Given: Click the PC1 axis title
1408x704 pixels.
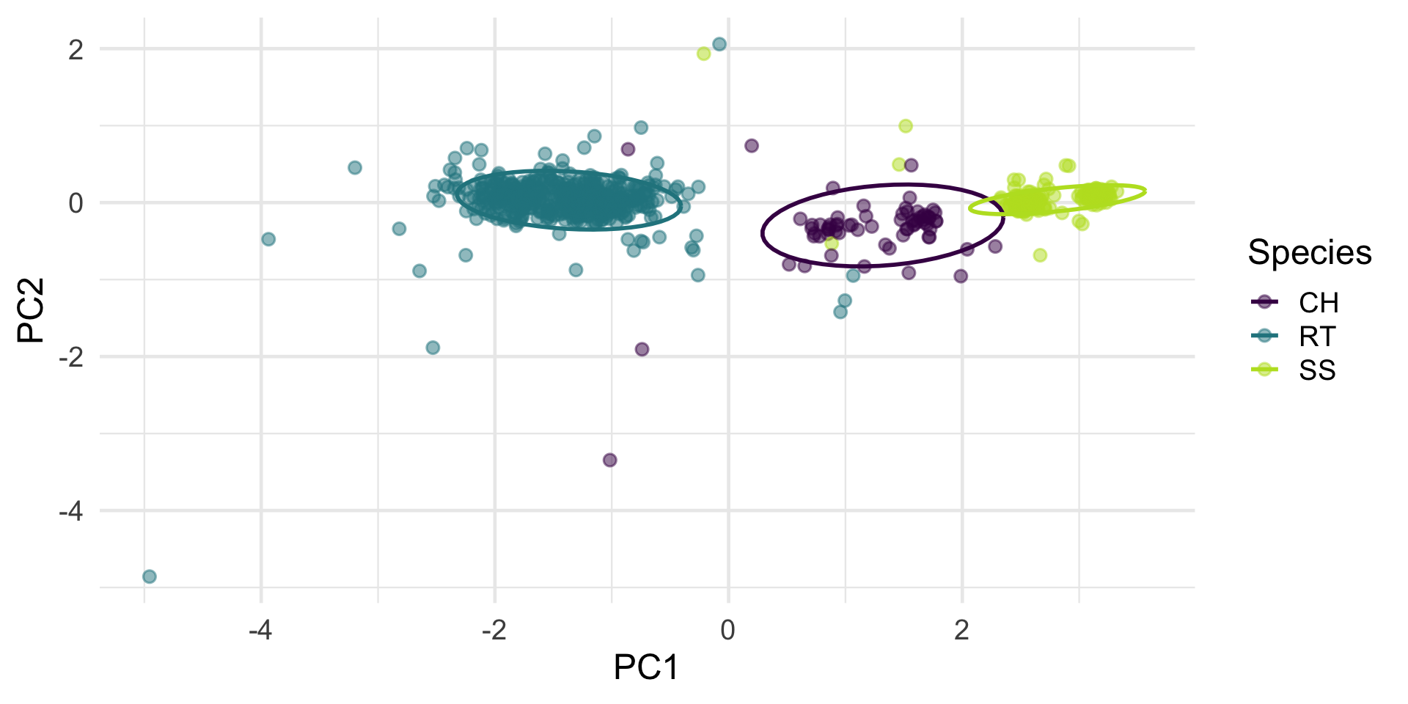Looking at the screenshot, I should (645, 667).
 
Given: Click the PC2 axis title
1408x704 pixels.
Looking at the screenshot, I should (32, 311).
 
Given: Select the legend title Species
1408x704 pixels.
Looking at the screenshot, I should (1309, 253).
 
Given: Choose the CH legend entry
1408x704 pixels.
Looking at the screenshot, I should (1318, 303).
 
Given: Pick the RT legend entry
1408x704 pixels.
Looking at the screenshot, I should (1317, 337).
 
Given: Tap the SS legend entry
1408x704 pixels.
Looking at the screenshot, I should (1317, 370).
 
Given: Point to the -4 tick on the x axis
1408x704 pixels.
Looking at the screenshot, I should (260, 630).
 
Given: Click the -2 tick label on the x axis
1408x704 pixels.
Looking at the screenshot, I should (494, 630).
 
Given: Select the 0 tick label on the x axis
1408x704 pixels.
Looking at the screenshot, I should (727, 630).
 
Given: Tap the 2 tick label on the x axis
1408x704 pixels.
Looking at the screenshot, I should (961, 630).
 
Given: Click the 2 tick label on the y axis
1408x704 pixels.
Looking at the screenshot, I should (76, 50).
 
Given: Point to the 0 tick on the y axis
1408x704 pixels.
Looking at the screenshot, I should (76, 203).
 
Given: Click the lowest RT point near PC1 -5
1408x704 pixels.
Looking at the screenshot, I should (150, 576).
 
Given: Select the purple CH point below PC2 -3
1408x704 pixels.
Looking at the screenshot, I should (609, 460).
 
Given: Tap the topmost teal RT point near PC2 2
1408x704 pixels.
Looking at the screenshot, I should (719, 44).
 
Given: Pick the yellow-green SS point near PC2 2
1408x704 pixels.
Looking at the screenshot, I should (703, 54).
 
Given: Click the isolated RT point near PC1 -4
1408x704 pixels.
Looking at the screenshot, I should (268, 239).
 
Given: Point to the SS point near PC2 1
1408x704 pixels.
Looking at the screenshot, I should (906, 126).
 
